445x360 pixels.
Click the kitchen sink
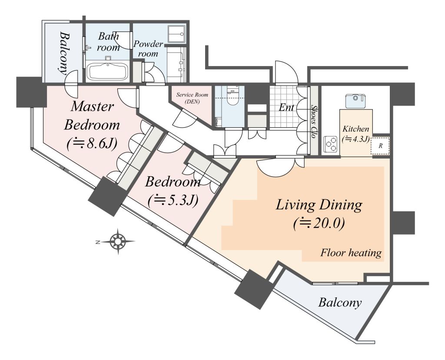[x=355, y=101]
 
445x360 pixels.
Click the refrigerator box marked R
[x=380, y=146]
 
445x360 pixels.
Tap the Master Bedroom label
[x=92, y=116]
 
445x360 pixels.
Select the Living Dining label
[x=319, y=205]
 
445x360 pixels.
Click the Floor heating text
[x=351, y=252]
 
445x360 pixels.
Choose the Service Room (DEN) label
[x=192, y=98]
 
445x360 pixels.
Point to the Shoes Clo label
[x=314, y=122]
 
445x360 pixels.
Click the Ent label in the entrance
[x=286, y=108]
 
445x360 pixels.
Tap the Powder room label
[x=149, y=49]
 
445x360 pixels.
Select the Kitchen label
[x=356, y=129]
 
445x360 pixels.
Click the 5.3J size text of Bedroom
[x=173, y=201]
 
